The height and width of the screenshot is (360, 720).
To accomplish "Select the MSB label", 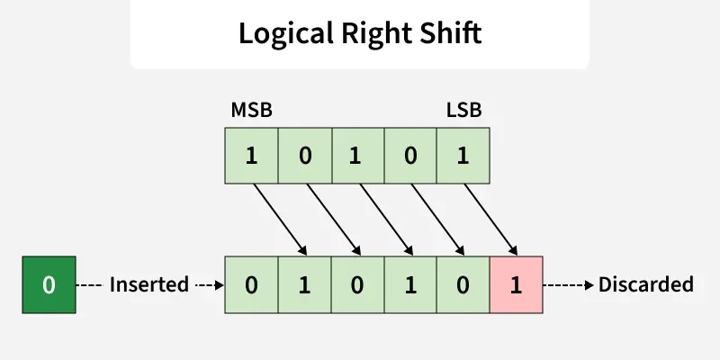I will point(251,111).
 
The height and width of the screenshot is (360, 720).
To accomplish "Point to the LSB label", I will point(464,111).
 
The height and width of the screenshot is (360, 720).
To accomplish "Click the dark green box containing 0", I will point(49,285).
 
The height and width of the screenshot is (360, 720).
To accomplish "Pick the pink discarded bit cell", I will point(516,285).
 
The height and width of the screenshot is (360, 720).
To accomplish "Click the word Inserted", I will point(149,285).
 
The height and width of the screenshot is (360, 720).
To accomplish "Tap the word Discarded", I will point(646,285).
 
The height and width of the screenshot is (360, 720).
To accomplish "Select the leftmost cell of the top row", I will point(251,155).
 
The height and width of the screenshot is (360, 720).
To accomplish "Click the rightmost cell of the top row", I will point(463,155).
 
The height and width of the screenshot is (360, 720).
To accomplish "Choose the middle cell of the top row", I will point(356,155).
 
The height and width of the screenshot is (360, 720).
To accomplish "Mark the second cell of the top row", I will point(304,155).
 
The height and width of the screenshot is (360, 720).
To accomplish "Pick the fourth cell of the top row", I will point(409,155).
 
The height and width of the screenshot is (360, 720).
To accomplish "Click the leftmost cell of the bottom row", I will point(251,285).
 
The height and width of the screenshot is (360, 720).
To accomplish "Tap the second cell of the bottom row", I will point(304,285).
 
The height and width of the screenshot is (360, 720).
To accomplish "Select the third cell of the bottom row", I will point(356,285).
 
